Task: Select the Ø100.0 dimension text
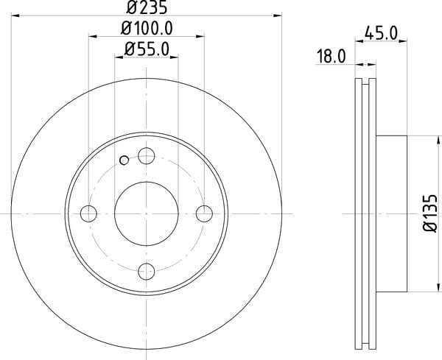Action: click(147, 28)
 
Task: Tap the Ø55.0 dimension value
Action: click(147, 49)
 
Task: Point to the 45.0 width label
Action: click(381, 33)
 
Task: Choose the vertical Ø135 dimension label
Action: click(431, 213)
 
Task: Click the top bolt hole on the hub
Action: click(147, 156)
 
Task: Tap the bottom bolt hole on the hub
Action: click(147, 272)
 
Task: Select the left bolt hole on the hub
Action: click(88, 213)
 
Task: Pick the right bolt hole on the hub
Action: click(204, 213)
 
